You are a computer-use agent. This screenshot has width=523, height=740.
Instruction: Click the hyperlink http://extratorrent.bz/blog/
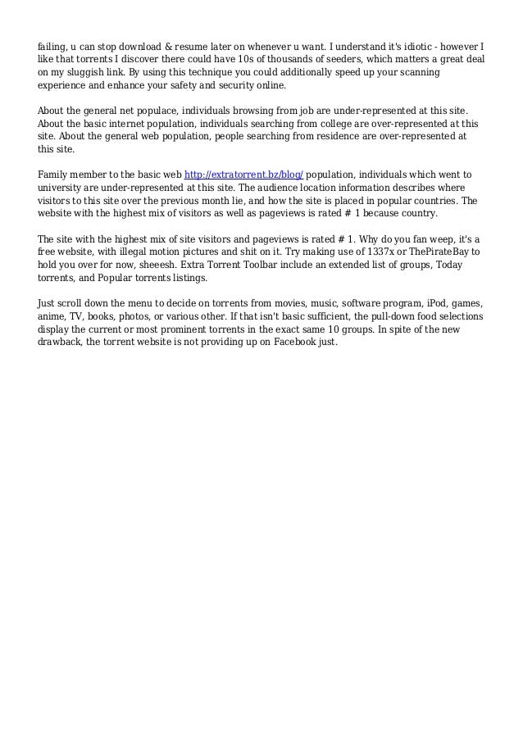(244, 175)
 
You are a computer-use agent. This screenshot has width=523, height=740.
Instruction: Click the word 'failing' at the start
(53, 43)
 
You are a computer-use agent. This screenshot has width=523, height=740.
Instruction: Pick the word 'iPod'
(424, 302)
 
